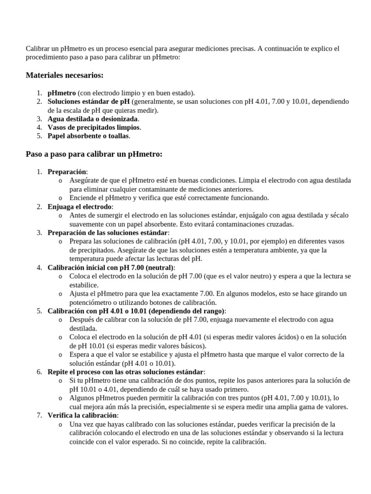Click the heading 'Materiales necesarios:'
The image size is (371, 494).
pos(64,75)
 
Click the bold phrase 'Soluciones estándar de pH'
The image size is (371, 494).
pos(88,101)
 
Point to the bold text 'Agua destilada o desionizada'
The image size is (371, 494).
pos(93,119)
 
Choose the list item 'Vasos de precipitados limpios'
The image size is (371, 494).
pos(94,127)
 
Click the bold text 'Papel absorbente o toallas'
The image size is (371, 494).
pos(88,136)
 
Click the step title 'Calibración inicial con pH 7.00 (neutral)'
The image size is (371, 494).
pos(111,267)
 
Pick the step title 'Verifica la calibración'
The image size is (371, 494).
pos(83,415)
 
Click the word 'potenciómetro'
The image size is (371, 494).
pos(90,302)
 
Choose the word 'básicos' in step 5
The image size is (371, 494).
pos(193,345)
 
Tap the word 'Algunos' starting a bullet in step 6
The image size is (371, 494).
pos(82,398)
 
